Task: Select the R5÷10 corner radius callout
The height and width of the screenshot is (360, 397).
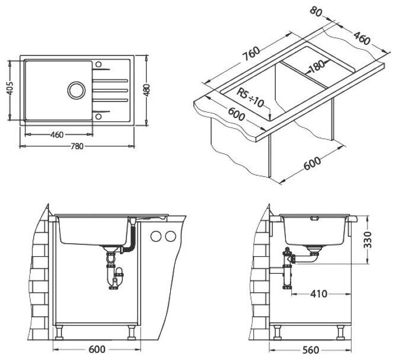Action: click(x=250, y=98)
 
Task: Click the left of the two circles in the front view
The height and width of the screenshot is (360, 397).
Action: click(x=157, y=236)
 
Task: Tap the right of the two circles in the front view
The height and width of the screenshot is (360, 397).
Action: click(x=171, y=236)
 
